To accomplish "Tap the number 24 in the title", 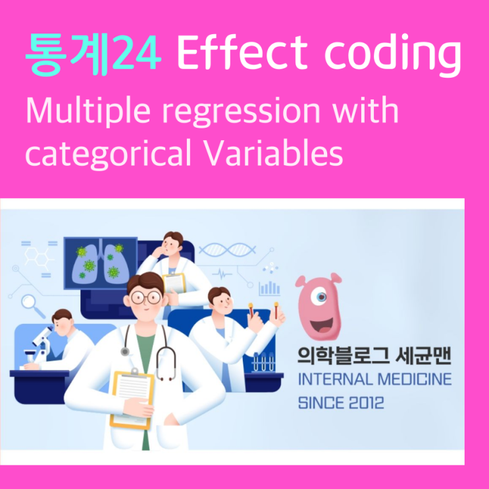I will [136, 56].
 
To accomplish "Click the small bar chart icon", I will [269, 288].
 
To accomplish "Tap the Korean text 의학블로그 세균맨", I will [374, 356].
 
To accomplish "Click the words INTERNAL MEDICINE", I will [374, 380].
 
